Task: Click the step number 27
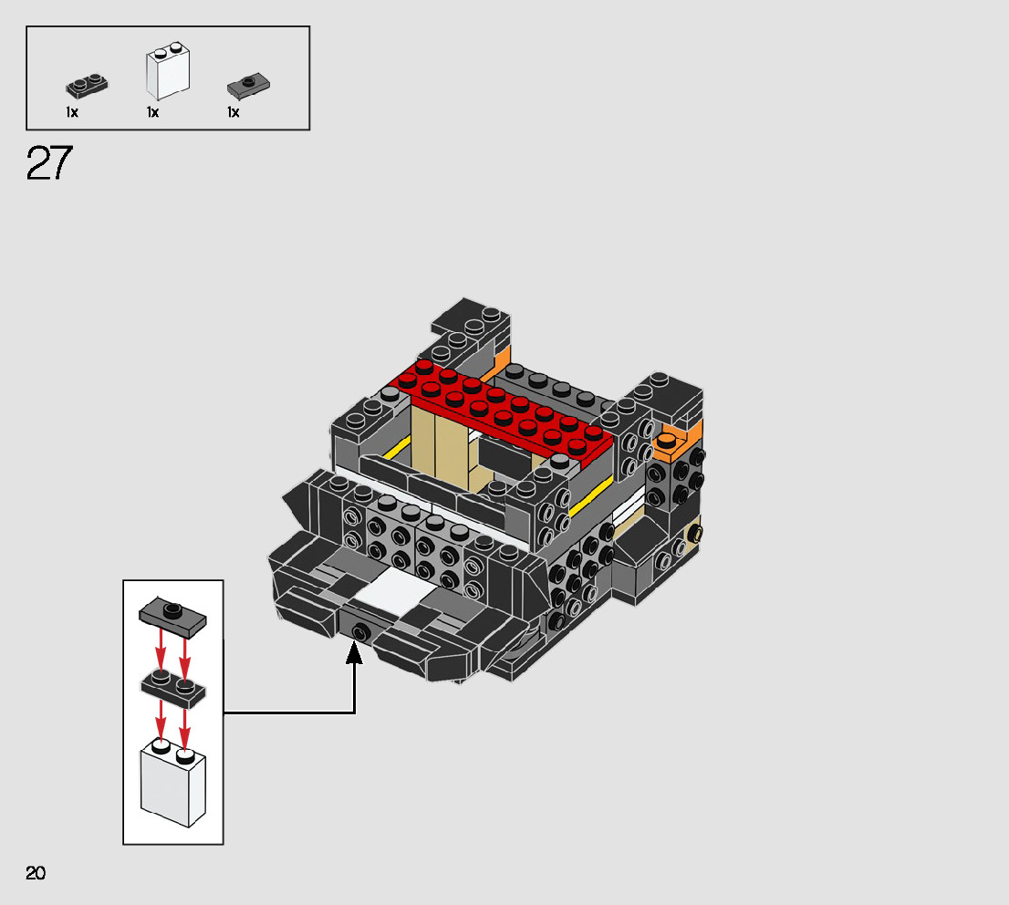pos(50,163)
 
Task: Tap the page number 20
pos(36,873)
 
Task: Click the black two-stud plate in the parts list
pos(87,87)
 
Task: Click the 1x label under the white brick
pos(152,112)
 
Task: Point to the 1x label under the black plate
pos(72,112)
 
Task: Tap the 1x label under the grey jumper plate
pos(234,112)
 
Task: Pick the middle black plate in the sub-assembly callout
pos(173,691)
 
